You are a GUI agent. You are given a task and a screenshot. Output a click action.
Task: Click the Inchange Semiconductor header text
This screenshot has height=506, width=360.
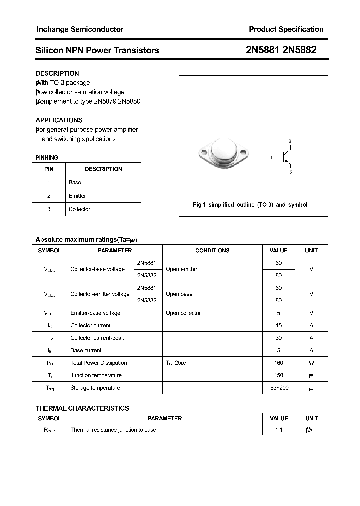pos(80,29)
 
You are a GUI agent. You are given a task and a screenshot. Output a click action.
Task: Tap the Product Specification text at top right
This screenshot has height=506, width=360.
pos(286,29)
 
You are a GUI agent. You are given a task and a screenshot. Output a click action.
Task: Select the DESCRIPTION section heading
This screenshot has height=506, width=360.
pos(57,73)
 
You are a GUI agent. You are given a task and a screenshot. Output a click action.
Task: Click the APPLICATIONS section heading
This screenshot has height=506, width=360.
pos(59,120)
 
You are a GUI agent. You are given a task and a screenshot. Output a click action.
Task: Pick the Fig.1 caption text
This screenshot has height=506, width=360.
pos(250,205)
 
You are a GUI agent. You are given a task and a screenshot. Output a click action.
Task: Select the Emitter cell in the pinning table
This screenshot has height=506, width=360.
pos(77,196)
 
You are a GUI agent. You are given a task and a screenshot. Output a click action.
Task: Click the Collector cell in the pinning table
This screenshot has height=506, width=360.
pos(79,209)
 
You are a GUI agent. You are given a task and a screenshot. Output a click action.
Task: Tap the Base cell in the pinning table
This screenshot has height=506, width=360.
pos(75,182)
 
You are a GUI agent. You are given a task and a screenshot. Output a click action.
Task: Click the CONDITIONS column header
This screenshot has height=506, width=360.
pos(212,250)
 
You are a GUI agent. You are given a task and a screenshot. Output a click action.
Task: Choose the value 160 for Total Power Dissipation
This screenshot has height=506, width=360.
pos(278,363)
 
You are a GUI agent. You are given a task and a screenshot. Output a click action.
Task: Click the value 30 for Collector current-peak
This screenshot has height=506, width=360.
pos(278,338)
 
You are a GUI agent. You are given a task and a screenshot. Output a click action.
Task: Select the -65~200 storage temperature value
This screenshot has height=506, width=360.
pos(278,388)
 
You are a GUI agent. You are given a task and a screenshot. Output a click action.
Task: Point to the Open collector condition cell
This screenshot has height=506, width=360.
pos(183,313)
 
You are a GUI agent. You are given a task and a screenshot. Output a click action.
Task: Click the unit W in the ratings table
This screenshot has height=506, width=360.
pos(311,363)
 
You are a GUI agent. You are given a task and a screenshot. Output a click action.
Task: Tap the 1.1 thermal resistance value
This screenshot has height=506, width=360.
pos(278,430)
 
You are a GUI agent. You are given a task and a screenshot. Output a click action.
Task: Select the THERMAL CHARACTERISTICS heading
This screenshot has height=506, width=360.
pos(82,408)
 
